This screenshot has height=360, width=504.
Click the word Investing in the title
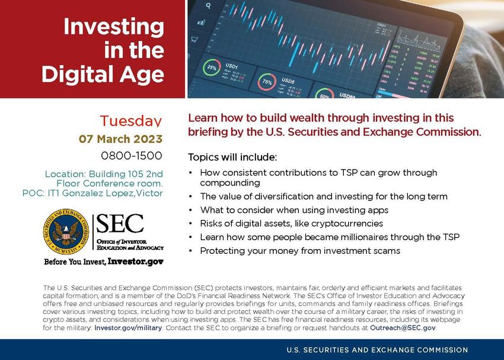(114, 27)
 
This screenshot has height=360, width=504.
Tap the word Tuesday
(131, 120)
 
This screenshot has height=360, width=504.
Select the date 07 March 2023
(120, 139)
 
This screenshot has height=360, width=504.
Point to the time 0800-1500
(132, 155)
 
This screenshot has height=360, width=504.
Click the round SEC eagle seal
(66, 232)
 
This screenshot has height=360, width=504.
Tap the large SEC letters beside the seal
(120, 224)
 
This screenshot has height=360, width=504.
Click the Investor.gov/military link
(128, 328)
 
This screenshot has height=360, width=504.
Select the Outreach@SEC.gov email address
(403, 328)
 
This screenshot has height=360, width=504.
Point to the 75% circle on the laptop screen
(267, 82)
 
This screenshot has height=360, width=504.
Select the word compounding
(230, 183)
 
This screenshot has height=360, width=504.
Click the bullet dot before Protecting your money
(190, 251)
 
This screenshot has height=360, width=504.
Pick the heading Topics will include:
(232, 157)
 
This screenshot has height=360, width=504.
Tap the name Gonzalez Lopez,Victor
(112, 193)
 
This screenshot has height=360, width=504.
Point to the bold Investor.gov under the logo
(136, 262)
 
